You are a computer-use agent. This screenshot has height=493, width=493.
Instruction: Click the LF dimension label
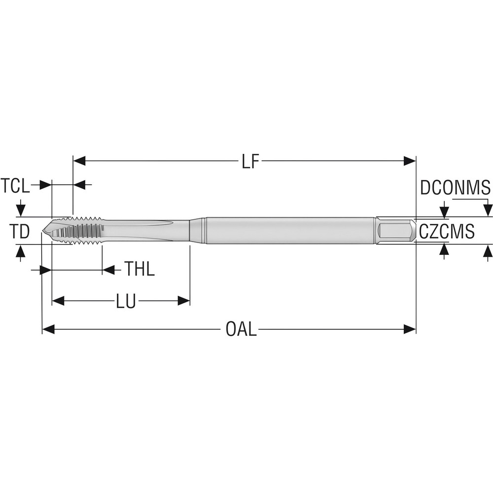click(x=250, y=161)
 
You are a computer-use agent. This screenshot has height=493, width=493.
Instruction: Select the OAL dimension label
click(x=241, y=329)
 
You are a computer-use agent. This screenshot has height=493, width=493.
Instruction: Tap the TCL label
click(x=15, y=186)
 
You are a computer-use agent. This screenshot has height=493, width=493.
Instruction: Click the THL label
click(x=140, y=270)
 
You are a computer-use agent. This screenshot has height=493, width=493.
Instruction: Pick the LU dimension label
click(x=126, y=301)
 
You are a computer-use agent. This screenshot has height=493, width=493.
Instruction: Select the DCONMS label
click(x=455, y=188)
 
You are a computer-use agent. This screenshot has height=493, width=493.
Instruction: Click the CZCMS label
click(x=447, y=231)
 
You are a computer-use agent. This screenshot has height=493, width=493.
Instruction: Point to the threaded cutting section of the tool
click(x=79, y=230)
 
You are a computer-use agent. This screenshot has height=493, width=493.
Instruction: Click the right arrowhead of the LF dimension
click(x=410, y=161)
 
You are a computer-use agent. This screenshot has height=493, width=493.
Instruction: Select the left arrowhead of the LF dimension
click(x=79, y=161)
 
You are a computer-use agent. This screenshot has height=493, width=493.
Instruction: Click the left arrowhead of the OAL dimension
click(x=48, y=329)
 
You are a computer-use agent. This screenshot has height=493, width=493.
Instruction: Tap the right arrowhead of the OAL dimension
click(x=410, y=329)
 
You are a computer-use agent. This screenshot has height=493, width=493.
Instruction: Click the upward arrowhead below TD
click(x=20, y=251)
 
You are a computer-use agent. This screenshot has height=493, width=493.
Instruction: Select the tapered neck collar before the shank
click(x=198, y=230)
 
